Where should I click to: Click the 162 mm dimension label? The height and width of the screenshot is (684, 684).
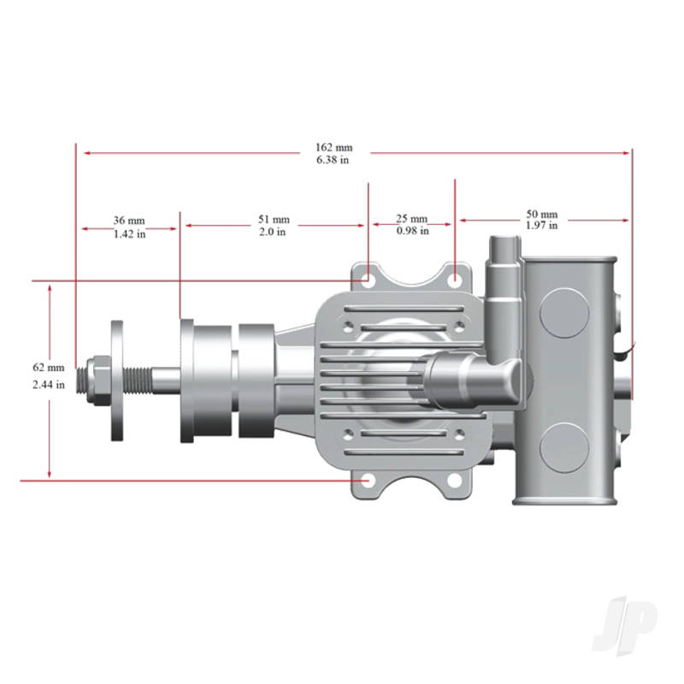[333, 147]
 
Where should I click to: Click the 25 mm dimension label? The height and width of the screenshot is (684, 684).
[412, 219]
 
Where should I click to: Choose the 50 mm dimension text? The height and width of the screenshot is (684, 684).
[541, 214]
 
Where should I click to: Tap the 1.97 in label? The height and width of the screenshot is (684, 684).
[541, 226]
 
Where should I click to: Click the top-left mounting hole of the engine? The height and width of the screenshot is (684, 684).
[366, 278]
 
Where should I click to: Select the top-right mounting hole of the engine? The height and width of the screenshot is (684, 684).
[456, 279]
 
